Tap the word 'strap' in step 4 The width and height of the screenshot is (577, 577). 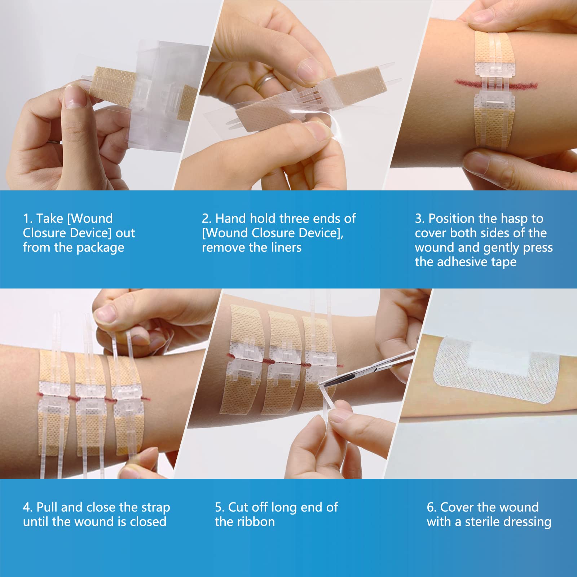(x=155, y=507)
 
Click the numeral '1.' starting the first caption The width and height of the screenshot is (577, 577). (x=28, y=219)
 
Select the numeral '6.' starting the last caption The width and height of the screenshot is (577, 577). (x=432, y=507)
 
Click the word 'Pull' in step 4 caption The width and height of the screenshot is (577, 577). (x=47, y=507)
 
